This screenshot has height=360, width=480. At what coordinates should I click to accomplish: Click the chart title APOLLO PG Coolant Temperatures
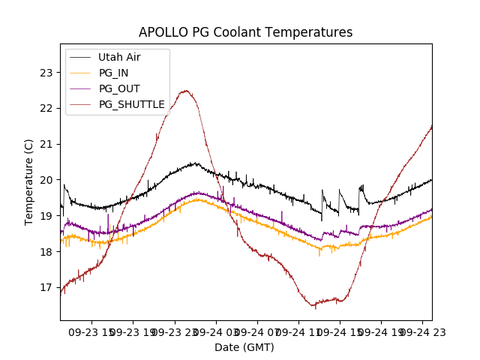(245, 32)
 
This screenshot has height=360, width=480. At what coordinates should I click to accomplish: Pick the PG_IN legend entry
(113, 73)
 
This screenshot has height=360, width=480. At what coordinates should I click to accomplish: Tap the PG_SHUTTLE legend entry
(131, 104)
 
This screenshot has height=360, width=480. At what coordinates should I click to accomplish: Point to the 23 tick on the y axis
(46, 73)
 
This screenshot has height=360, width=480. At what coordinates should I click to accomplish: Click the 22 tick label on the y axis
(46, 108)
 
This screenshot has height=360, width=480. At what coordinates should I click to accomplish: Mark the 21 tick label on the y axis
(46, 144)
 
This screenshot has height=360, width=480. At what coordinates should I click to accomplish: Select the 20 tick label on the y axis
(46, 180)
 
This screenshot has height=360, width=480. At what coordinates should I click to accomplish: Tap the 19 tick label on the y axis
(46, 216)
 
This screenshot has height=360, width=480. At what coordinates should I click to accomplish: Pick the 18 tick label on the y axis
(46, 251)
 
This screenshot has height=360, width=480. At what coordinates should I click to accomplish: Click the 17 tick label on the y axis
(46, 287)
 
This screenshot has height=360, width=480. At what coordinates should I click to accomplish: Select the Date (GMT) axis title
(244, 347)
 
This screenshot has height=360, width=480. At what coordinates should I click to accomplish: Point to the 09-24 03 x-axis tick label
(216, 331)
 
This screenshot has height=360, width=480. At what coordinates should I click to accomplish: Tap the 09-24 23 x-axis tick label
(420, 331)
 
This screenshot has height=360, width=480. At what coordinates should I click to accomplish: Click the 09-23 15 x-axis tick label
(92, 331)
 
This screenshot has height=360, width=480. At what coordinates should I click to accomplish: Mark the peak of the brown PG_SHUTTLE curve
(185, 91)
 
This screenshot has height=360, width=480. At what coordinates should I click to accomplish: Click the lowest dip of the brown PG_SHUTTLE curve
(315, 306)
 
